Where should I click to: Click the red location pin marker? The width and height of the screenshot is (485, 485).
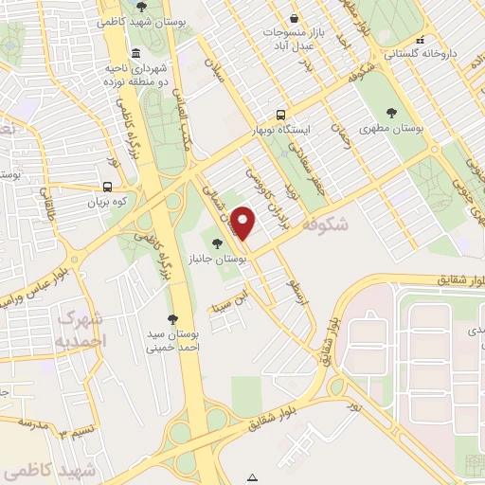[243, 223]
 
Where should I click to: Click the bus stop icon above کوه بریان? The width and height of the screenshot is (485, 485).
[106, 187]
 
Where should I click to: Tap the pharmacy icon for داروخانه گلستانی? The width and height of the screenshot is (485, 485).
[419, 41]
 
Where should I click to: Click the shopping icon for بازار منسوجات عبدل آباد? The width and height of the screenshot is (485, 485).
[295, 19]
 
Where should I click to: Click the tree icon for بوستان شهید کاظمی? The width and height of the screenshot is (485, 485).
[141, 7]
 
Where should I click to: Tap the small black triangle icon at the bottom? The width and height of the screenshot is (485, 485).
[253, 476]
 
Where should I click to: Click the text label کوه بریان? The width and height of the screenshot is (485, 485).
[107, 202]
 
